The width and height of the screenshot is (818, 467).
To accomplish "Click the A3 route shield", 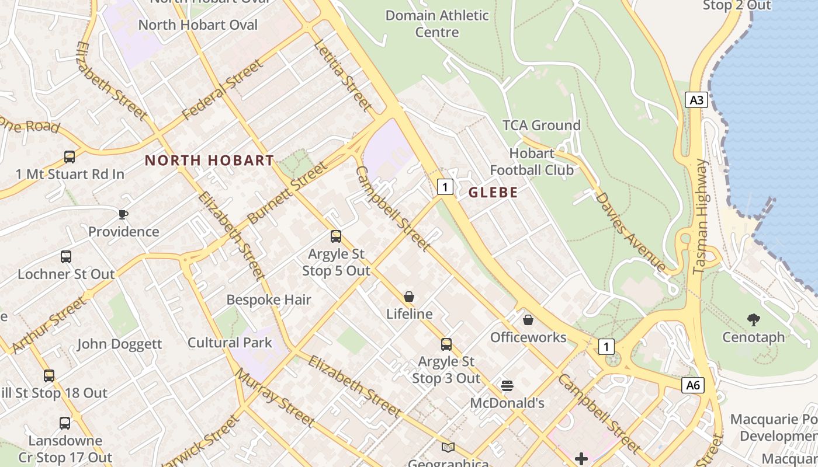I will (x=696, y=100).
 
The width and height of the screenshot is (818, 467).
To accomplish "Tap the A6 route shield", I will (x=692, y=385).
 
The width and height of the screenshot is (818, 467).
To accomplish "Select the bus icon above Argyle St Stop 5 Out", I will (x=336, y=236).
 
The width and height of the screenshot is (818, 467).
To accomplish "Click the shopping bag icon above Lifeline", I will (x=409, y=297).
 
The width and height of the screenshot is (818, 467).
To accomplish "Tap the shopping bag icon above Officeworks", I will (x=528, y=320).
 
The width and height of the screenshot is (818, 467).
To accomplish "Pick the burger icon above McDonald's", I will (x=507, y=386).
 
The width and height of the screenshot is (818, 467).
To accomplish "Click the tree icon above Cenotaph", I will (x=754, y=319).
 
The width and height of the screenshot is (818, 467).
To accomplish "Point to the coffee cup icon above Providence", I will (x=123, y=214).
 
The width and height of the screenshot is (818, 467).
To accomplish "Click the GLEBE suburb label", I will (x=493, y=192).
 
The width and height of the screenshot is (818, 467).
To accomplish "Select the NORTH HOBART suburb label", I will (x=209, y=160).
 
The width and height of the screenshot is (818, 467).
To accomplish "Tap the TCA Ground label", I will (x=542, y=125).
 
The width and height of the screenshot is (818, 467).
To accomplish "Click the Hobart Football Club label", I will (x=532, y=162).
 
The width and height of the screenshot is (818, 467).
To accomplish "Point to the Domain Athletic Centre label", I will (x=437, y=23).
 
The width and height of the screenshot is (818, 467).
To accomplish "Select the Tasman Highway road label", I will (x=701, y=216).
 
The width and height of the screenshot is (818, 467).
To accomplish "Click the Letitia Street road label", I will (x=342, y=75).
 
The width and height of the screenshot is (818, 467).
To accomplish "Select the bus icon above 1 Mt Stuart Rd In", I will (x=70, y=157).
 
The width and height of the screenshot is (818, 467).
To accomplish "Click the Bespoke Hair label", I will (x=269, y=300).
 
